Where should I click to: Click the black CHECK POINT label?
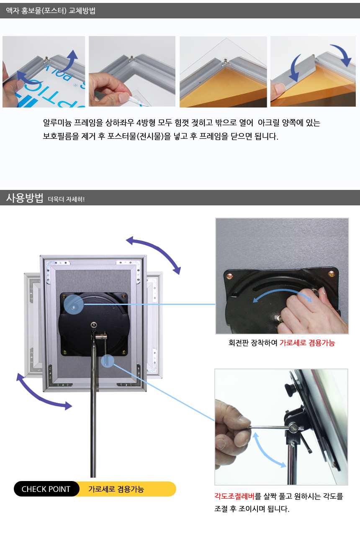click(46, 489)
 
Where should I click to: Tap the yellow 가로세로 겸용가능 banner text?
click(116, 489)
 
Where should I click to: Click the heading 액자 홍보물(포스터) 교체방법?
click(51, 11)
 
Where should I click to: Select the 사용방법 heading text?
click(25, 198)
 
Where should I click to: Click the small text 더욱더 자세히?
click(66, 199)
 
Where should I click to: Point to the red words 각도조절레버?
click(234, 496)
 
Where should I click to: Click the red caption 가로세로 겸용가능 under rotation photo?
click(307, 343)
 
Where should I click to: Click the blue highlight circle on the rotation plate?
click(74, 305)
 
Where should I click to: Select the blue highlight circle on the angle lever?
click(108, 361)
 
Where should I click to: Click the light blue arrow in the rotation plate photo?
click(282, 292)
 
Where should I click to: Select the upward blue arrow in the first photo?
click(69, 61)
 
